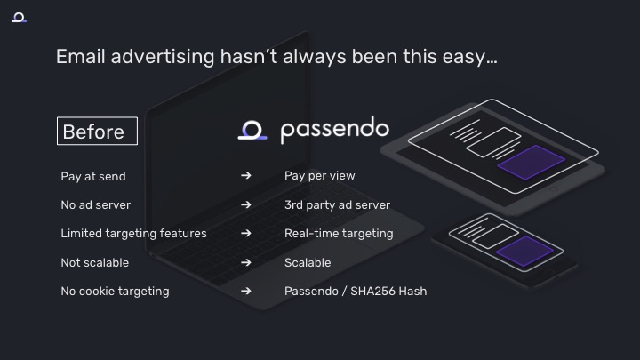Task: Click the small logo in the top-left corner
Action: tap(19, 18)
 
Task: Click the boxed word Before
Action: tap(97, 131)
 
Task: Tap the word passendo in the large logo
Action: tap(335, 130)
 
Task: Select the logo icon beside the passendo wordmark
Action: tap(252, 130)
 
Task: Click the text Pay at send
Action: tap(93, 176)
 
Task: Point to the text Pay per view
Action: tap(320, 175)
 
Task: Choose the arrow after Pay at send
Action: tap(245, 175)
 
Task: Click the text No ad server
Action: tap(95, 205)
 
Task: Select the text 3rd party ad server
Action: tap(337, 205)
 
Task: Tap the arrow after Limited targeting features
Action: tap(245, 233)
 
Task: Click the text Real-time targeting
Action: tap(339, 234)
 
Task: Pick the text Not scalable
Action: tap(95, 262)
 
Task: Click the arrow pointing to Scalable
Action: tap(245, 262)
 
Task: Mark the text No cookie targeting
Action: tap(115, 291)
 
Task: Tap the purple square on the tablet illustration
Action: tap(532, 162)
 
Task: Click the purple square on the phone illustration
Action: tap(525, 251)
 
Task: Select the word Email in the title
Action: tap(81, 56)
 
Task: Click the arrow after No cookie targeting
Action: tap(245, 291)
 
